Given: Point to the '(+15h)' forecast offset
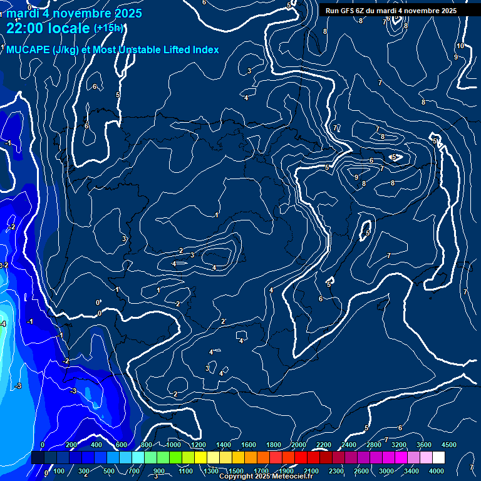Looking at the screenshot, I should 108,28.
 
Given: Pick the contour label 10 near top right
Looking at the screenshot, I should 460,46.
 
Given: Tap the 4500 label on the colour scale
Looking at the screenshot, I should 448,445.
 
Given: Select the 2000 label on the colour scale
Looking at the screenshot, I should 298,445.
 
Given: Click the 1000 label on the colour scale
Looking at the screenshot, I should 173,445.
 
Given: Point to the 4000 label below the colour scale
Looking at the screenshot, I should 437,471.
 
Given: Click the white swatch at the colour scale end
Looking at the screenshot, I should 438,458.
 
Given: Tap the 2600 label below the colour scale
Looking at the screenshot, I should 361,471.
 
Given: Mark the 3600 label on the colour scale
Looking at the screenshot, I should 424,445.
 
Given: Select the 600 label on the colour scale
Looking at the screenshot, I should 122,445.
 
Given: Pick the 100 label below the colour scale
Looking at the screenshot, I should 60,471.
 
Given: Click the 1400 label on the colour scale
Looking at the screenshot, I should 223,445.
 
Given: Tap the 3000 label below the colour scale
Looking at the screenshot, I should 386,471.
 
